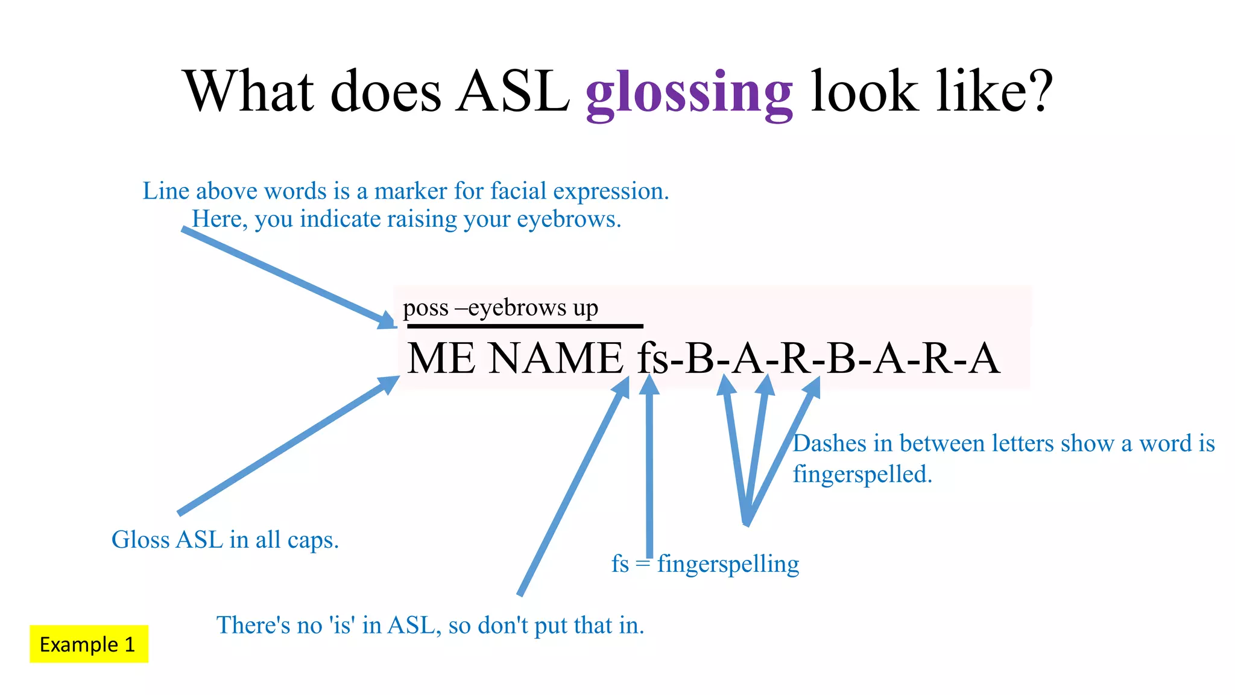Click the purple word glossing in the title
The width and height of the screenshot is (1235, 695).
pos(689,94)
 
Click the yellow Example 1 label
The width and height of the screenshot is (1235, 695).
pos(89,644)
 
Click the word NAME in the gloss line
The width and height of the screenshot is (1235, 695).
pos(556,358)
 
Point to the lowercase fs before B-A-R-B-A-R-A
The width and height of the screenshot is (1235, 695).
pos(653,358)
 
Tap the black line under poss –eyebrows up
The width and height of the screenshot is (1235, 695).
pos(525,326)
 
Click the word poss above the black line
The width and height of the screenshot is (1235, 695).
pos(425,308)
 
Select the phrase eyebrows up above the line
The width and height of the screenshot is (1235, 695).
pos(533,308)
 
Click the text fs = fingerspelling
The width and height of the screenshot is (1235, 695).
pos(705,564)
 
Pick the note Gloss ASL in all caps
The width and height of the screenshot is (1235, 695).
pos(225,539)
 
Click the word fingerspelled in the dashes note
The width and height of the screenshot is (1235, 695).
pos(862,474)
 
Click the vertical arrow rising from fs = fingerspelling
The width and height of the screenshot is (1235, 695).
pos(649,471)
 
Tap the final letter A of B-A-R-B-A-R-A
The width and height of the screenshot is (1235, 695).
pos(984,358)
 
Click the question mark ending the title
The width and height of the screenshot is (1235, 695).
pos(1039,92)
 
